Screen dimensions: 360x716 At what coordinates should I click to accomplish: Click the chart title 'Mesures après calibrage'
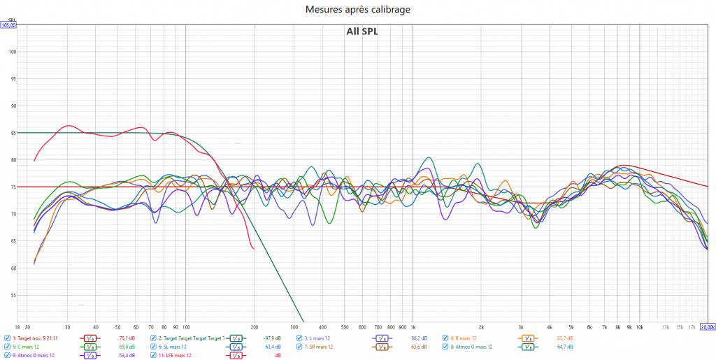pyautogui.click(x=358, y=9)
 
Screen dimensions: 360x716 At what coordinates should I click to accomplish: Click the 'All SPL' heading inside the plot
pyautogui.click(x=361, y=31)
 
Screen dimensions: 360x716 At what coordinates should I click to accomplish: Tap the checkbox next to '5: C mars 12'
pyautogui.click(x=8, y=347)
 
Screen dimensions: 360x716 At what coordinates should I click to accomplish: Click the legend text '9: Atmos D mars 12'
pyautogui.click(x=33, y=356)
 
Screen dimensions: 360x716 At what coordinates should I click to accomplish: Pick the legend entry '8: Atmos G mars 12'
pyautogui.click(x=471, y=347)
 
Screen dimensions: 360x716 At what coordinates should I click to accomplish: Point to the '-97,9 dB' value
pyautogui.click(x=272, y=338)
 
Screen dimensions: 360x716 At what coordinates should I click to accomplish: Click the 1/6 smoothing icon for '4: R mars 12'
pyautogui.click(x=527, y=338)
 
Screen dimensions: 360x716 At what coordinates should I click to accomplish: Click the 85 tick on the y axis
pyautogui.click(x=12, y=133)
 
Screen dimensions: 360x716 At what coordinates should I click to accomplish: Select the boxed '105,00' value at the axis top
pyautogui.click(x=8, y=25)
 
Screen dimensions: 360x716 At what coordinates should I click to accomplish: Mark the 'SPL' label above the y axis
pyautogui.click(x=11, y=20)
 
